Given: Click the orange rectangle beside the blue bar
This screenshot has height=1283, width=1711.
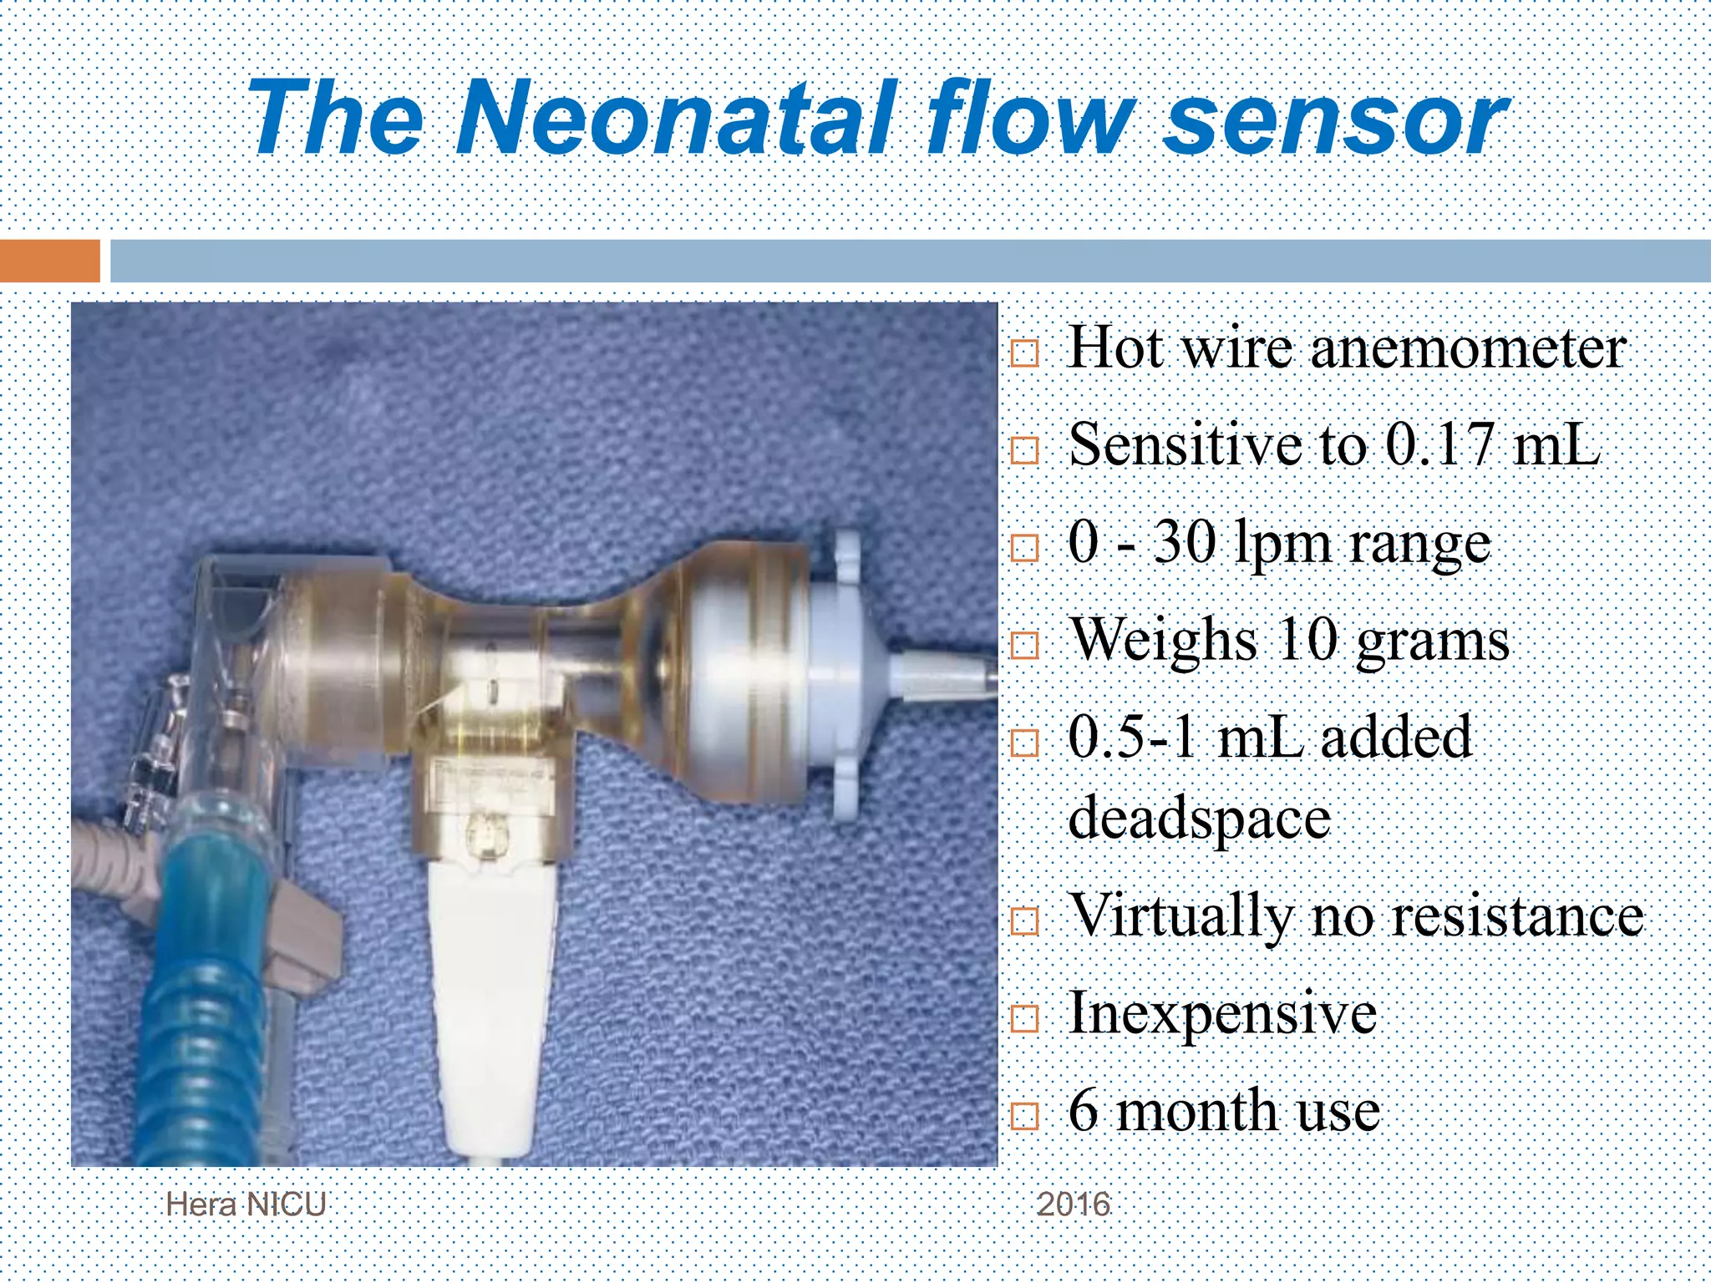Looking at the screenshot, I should pos(50,261).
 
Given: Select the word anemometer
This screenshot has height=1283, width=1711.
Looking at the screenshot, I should pos(1468,348).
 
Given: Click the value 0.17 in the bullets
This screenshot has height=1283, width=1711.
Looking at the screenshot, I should pos(1438,444).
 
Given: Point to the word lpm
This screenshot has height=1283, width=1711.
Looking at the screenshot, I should pos(1282,545).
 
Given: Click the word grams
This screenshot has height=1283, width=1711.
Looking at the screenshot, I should pos(1432,642).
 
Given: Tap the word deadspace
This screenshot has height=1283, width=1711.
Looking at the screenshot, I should pos(1199,818).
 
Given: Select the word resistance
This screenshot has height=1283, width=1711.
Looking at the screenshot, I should pos(1518,916).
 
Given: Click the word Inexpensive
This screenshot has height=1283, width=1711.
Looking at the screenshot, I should pos(1222,1013).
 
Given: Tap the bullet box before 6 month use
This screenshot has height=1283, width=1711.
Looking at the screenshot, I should pos(1024,1116).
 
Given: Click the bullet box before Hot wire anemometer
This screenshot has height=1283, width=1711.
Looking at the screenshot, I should pos(1024,353).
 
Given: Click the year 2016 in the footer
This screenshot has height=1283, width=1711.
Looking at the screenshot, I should pos(1074,1204).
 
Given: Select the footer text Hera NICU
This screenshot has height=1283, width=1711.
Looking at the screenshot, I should pos(246,1204).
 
